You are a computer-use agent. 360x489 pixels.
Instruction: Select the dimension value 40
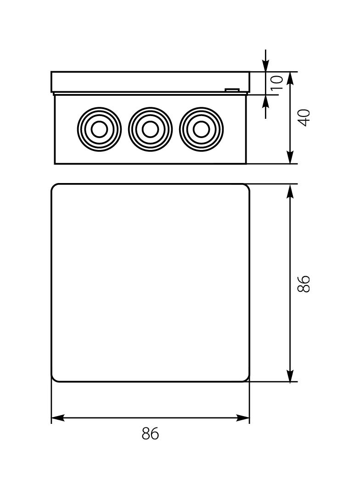[304, 118]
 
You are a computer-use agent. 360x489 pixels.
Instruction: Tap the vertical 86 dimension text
[304, 283]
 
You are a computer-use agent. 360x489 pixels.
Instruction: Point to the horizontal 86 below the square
[150, 433]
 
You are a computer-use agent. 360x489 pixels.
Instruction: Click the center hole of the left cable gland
[99, 129]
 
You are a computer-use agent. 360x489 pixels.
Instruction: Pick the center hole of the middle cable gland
[150, 129]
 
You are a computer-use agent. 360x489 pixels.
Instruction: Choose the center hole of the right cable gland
[201, 129]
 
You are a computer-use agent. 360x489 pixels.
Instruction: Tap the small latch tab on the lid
[232, 90]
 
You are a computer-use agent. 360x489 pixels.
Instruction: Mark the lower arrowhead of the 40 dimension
[290, 157]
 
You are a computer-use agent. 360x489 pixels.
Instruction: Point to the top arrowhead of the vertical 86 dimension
[290, 191]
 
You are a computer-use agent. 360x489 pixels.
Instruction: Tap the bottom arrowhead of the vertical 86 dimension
[290, 375]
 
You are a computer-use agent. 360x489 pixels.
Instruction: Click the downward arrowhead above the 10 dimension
[266, 66]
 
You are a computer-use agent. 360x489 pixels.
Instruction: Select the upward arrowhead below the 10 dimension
[266, 100]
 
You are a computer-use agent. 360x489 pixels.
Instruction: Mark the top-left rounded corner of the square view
[54, 187]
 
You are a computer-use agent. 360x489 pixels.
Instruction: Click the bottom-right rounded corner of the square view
[247, 378]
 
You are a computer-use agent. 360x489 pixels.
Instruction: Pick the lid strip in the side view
[150, 82]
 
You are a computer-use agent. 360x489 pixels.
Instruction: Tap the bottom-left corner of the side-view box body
[55, 163]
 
